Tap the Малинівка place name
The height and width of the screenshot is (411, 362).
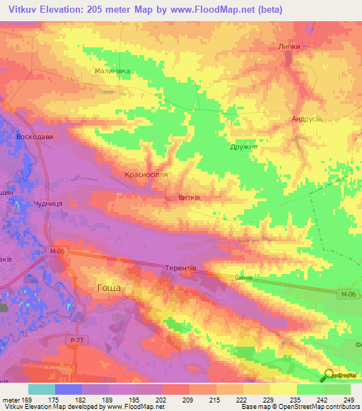tap(112, 71)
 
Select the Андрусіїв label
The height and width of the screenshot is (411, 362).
tap(308, 119)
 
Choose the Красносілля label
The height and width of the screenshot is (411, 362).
tap(145, 174)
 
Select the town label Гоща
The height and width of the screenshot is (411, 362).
tap(108, 287)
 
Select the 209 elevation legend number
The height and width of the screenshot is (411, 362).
tap(187, 400)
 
